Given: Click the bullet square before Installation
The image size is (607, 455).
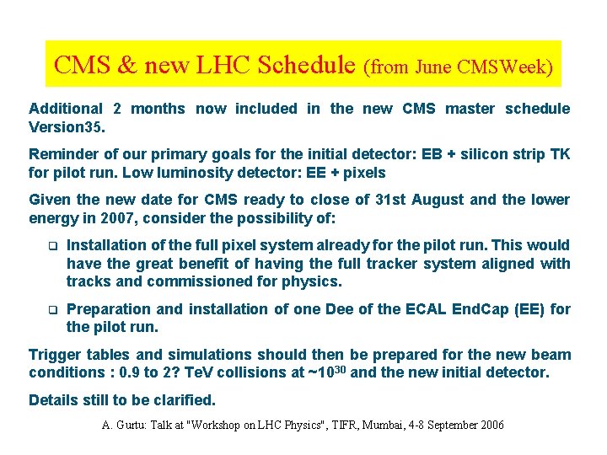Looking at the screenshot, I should (51, 246).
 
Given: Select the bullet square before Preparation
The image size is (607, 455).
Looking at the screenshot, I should (51, 310).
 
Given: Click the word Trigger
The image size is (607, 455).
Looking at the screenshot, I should (55, 355).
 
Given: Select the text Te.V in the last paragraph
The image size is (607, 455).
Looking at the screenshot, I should (221, 373).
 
